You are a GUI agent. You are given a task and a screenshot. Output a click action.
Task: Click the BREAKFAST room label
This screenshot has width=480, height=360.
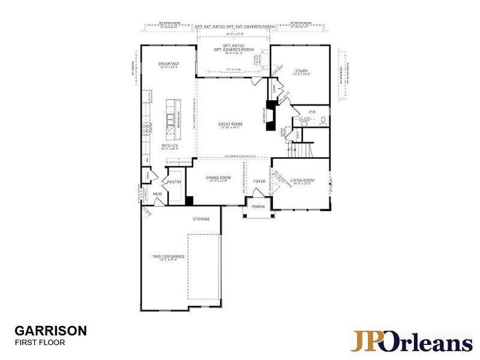tap(169, 64)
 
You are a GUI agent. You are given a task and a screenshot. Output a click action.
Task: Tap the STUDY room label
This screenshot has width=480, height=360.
tap(301, 71)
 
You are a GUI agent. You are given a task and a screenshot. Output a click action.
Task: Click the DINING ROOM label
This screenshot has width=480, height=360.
tap(218, 178)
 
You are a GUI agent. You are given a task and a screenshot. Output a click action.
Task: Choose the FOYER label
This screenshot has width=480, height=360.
tap(259, 181)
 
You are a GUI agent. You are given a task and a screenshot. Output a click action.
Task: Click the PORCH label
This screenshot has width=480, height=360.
tap(258, 207)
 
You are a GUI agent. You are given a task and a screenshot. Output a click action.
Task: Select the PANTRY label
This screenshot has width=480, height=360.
tap(175, 182)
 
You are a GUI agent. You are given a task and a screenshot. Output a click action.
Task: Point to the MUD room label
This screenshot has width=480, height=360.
tap(157, 194)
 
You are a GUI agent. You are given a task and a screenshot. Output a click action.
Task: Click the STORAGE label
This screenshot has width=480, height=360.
tap(201, 219)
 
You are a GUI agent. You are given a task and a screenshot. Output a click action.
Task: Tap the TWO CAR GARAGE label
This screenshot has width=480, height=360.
tap(168, 256)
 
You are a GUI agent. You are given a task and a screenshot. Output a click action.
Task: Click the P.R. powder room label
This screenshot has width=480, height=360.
tap(313, 112)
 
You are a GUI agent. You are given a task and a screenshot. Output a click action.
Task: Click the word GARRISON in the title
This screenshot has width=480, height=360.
tap(50, 331)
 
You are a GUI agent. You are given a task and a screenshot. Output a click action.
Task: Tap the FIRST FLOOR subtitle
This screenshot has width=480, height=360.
tap(40, 343)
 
